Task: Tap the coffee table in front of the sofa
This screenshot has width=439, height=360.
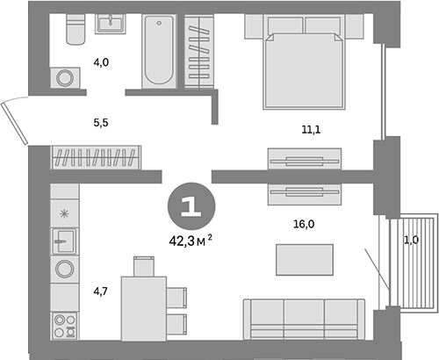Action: [304, 260]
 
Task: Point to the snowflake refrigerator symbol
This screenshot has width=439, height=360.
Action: [63, 213]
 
